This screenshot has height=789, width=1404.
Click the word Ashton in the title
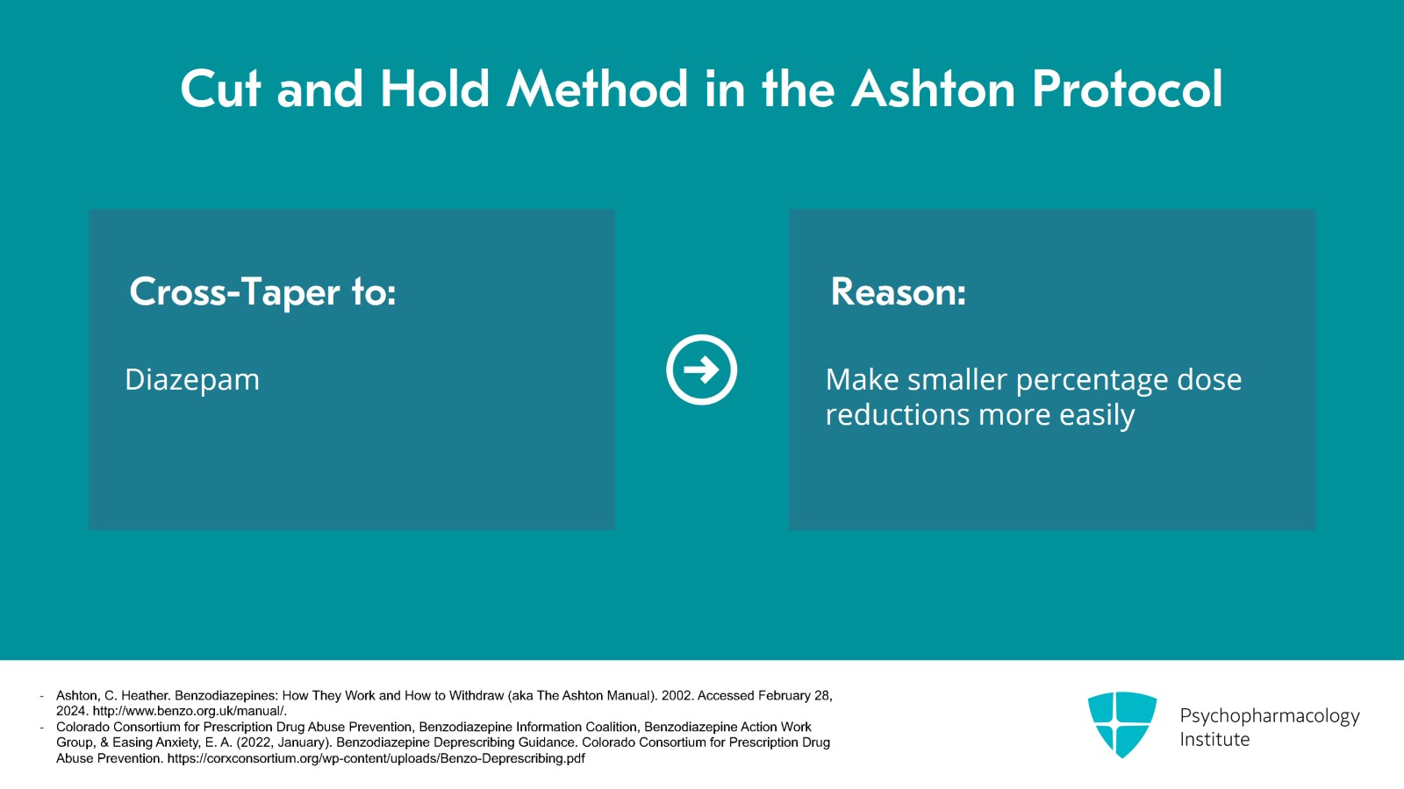pos(934,89)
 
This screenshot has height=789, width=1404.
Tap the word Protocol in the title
pos(1128,89)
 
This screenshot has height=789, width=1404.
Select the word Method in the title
pos(598,89)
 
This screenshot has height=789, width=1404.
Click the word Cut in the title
pos(220,89)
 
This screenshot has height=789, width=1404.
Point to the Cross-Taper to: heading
pos(262,291)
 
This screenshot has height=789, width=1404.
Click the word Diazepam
pos(192,380)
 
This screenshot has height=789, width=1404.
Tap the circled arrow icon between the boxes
pos(701,369)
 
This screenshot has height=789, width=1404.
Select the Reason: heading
pos(899,291)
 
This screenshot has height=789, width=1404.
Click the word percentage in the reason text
pos(1092,381)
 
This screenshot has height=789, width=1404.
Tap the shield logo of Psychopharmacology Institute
pos(1122,724)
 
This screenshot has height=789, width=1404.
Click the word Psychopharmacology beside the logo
pos(1270,716)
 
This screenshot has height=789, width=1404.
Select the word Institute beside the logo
pos(1214,740)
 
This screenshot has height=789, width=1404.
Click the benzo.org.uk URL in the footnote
pos(190,711)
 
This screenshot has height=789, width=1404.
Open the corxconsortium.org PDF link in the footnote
pos(376,759)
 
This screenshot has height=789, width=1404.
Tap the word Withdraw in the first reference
pos(477,696)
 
